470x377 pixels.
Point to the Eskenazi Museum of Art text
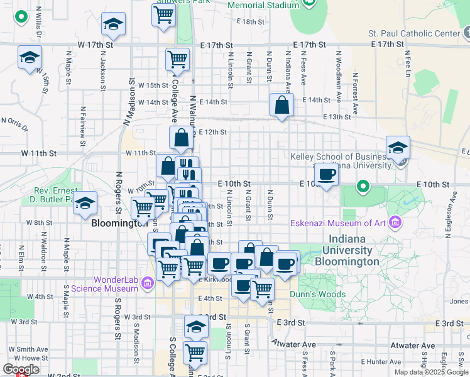pos(338,222)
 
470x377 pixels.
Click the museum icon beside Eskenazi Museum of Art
pos(395,221)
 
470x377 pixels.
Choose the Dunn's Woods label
pos(317,294)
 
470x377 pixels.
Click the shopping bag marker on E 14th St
pos(281,106)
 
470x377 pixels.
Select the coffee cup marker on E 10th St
pos(326,174)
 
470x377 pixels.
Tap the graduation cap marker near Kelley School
pos(398,148)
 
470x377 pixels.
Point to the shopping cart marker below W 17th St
pos(178,59)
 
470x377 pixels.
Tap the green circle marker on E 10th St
pos(363,187)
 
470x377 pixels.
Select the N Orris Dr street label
pos(13,123)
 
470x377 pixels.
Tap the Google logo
pos(21,369)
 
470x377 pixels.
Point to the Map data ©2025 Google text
pos(431,372)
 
